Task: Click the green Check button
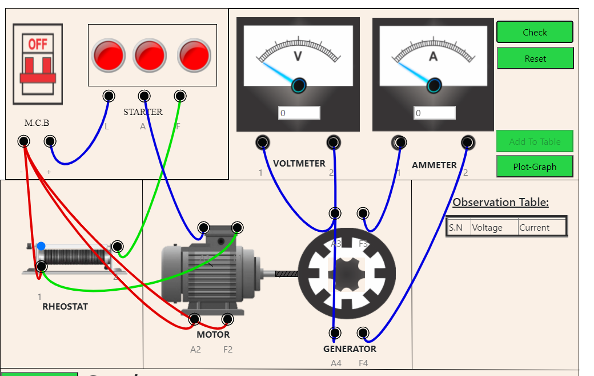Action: (x=535, y=32)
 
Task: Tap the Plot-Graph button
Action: (x=535, y=167)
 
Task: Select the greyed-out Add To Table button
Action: (x=535, y=141)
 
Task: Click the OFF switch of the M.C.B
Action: (x=38, y=64)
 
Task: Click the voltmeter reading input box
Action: (x=299, y=113)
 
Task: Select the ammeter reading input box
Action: (x=435, y=113)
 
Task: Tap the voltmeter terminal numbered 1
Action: (x=263, y=142)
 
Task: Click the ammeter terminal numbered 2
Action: (x=468, y=142)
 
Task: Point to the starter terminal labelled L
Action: (x=109, y=96)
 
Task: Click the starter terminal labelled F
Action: (x=180, y=96)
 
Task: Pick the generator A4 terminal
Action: (x=335, y=333)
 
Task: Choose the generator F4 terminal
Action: (x=363, y=333)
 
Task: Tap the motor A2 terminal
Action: (x=195, y=319)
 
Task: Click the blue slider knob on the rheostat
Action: (x=41, y=246)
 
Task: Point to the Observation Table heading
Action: (x=500, y=202)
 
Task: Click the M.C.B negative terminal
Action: (x=23, y=141)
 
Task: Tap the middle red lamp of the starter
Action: (x=150, y=55)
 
